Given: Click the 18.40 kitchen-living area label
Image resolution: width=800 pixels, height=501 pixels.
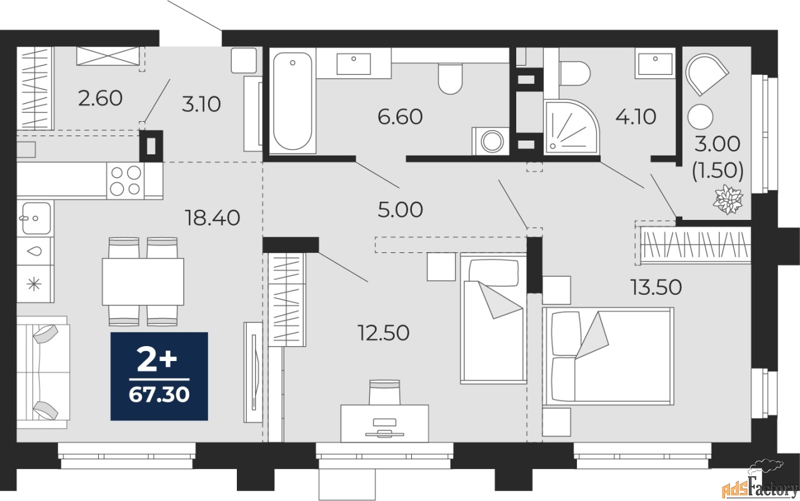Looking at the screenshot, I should (x=212, y=218).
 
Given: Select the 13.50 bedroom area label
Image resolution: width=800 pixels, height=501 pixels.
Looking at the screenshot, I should (x=656, y=287).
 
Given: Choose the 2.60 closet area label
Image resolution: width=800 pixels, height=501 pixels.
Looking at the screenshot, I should (x=100, y=98).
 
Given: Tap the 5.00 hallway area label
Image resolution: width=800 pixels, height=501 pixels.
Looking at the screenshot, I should (x=400, y=210).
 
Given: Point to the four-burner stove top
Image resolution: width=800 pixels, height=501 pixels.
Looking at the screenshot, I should (x=125, y=181).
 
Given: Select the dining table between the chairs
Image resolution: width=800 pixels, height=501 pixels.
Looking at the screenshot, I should (x=143, y=282).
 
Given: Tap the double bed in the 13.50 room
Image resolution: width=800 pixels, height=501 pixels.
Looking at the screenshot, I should (x=608, y=356).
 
